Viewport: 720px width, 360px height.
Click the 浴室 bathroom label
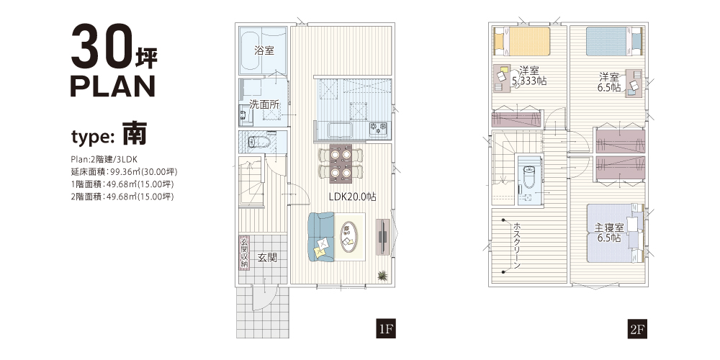[x=264, y=50]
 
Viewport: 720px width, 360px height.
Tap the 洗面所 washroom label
[x=264, y=104]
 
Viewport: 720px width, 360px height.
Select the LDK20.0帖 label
[x=352, y=197]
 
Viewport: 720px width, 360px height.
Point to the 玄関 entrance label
[x=267, y=258]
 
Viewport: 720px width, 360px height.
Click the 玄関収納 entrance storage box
[x=245, y=253]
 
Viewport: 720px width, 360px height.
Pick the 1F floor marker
[x=386, y=329]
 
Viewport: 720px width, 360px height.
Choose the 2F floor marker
[x=638, y=329]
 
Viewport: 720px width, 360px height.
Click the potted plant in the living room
[x=382, y=276]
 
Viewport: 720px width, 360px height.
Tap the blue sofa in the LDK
[x=321, y=237]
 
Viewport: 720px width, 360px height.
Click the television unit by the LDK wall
[x=382, y=237]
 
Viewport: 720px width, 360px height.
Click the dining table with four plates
[x=341, y=163]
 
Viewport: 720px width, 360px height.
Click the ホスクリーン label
[x=517, y=246]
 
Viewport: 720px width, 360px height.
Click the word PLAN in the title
[x=113, y=86]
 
